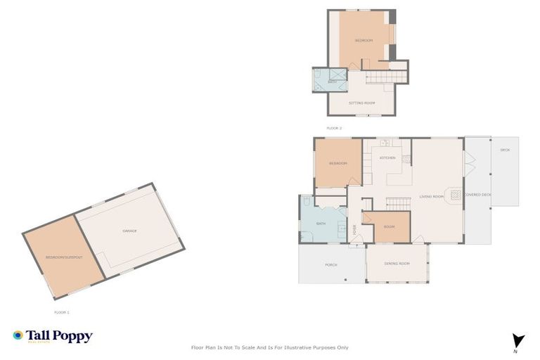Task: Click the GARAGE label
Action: click(x=129, y=231)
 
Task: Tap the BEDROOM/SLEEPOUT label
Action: click(x=65, y=257)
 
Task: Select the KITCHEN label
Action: click(x=387, y=158)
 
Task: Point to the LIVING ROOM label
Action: click(x=432, y=196)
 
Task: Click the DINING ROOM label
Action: click(x=397, y=264)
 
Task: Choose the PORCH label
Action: click(x=330, y=265)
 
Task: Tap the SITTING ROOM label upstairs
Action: click(x=363, y=103)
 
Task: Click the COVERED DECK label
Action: click(x=477, y=195)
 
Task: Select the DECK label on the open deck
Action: click(x=504, y=150)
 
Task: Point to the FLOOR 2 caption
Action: click(x=334, y=128)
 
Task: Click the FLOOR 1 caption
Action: click(x=62, y=311)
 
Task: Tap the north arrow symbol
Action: click(x=518, y=341)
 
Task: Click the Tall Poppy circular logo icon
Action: click(x=18, y=335)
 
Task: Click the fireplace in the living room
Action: click(x=455, y=195)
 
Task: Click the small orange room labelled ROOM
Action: click(x=389, y=226)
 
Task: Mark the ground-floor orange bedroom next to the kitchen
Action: click(x=338, y=163)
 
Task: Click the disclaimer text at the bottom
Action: click(x=270, y=347)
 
